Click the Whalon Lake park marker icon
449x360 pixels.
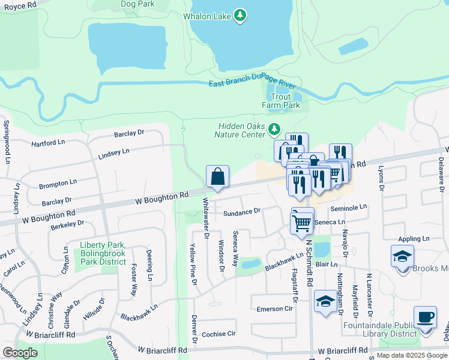coord(240,15)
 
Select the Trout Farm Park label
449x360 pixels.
coord(281,101)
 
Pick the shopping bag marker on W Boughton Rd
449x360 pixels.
coord(217,176)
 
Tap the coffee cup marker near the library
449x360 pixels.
coord(425,317)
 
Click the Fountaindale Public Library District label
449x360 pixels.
coord(380,329)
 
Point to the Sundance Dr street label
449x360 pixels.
coord(241,211)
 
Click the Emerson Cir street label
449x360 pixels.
coord(274,308)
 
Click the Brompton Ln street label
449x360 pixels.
coord(58,183)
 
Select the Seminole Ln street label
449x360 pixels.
coord(348,207)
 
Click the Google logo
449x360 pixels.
coord(20,352)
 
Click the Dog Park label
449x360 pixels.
coord(137,4)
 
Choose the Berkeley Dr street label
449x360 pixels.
coord(67,224)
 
